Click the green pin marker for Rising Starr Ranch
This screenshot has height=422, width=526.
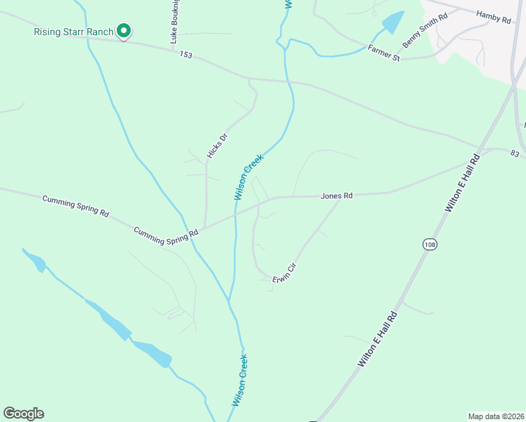tap(124, 31)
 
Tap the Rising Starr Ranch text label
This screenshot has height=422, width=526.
tap(73, 32)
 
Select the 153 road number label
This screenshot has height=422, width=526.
tap(186, 54)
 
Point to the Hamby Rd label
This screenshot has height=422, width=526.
tap(493, 16)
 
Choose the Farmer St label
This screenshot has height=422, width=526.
tap(384, 53)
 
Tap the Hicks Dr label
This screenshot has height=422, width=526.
tap(217, 146)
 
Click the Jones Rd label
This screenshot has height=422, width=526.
tap(336, 196)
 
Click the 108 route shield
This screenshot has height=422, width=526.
tap(430, 244)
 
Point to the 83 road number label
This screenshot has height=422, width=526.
tap(515, 153)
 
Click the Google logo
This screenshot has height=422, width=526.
tap(23, 414)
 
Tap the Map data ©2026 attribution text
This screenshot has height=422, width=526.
tap(495, 416)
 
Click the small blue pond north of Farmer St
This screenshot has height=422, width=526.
tap(394, 22)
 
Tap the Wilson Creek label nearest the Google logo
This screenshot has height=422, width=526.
tap(240, 380)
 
